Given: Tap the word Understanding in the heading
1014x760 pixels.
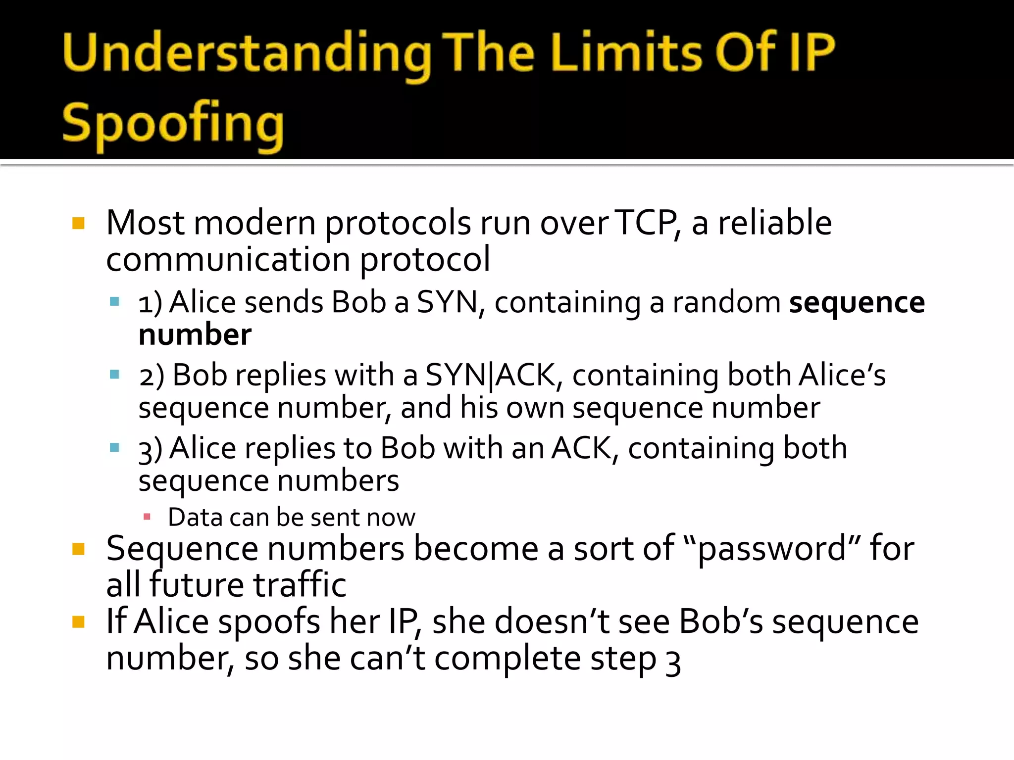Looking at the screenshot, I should pos(247,53).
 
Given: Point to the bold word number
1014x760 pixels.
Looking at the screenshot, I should pos(195,335).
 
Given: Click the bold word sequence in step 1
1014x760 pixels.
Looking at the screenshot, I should pos(857,302).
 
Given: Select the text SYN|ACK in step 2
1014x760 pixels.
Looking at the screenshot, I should pos(490,375).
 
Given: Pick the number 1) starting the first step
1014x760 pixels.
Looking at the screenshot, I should pos(150,303).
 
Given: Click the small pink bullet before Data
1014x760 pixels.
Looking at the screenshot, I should pos(147,517).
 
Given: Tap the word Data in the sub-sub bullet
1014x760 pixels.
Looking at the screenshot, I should pos(194,518).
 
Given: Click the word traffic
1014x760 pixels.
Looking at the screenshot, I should pos(300,585).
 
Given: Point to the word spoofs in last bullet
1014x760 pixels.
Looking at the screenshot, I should pos(269,622).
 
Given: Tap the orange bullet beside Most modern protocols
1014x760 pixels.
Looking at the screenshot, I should pos(78,223).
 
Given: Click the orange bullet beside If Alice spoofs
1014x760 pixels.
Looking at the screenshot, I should pos(78,622).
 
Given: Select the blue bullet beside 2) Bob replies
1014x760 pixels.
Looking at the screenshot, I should pos(115,375).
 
